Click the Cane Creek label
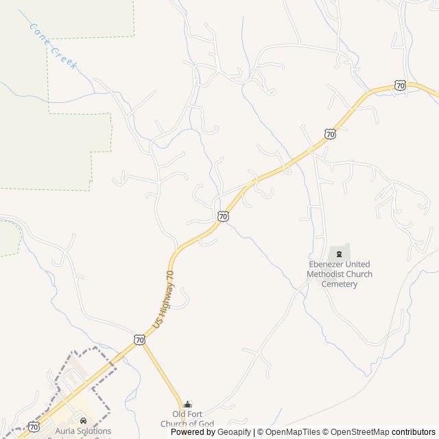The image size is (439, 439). (54, 46)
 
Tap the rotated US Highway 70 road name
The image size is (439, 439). (163, 298)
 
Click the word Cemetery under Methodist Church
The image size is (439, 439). (340, 284)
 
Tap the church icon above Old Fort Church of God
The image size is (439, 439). (188, 405)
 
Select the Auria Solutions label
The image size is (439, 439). (83, 431)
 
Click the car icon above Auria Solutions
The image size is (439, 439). (83, 420)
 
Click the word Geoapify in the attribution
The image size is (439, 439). (235, 432)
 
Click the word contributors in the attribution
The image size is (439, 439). (414, 432)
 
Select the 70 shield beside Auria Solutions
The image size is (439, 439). (33, 426)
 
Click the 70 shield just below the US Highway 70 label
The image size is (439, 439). (139, 340)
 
